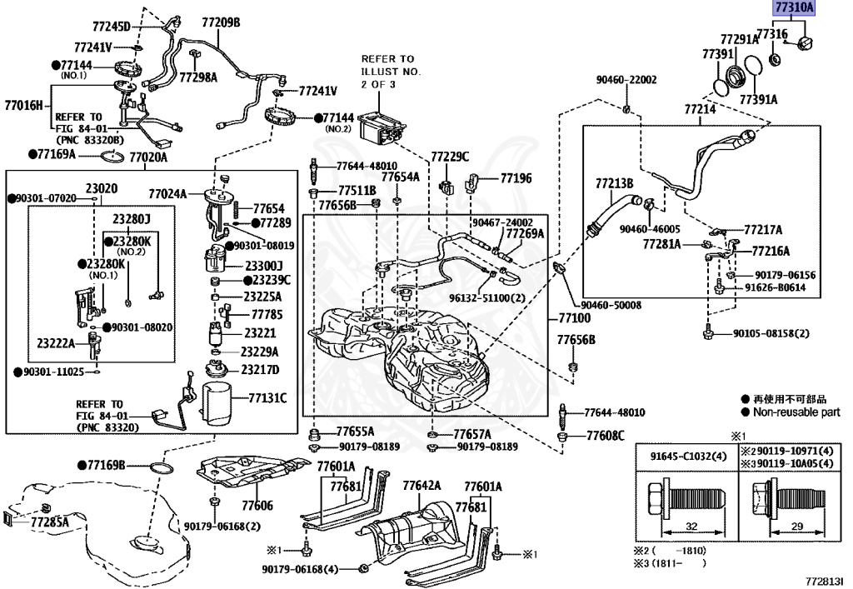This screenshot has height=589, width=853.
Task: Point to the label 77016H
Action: pyautogui.click(x=24, y=105)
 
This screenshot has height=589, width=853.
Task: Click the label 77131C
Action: pyautogui.click(x=266, y=398)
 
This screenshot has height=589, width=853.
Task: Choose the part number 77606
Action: pyautogui.click(x=257, y=506)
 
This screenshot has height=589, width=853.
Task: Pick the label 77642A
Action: pyautogui.click(x=422, y=486)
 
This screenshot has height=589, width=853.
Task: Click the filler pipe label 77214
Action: pyautogui.click(x=700, y=109)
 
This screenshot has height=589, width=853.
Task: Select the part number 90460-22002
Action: pyautogui.click(x=626, y=80)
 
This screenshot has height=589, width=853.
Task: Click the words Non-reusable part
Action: pyautogui.click(x=796, y=412)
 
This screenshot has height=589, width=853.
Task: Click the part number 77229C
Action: pyautogui.click(x=450, y=157)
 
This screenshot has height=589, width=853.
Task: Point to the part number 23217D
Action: pyautogui.click(x=261, y=369)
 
